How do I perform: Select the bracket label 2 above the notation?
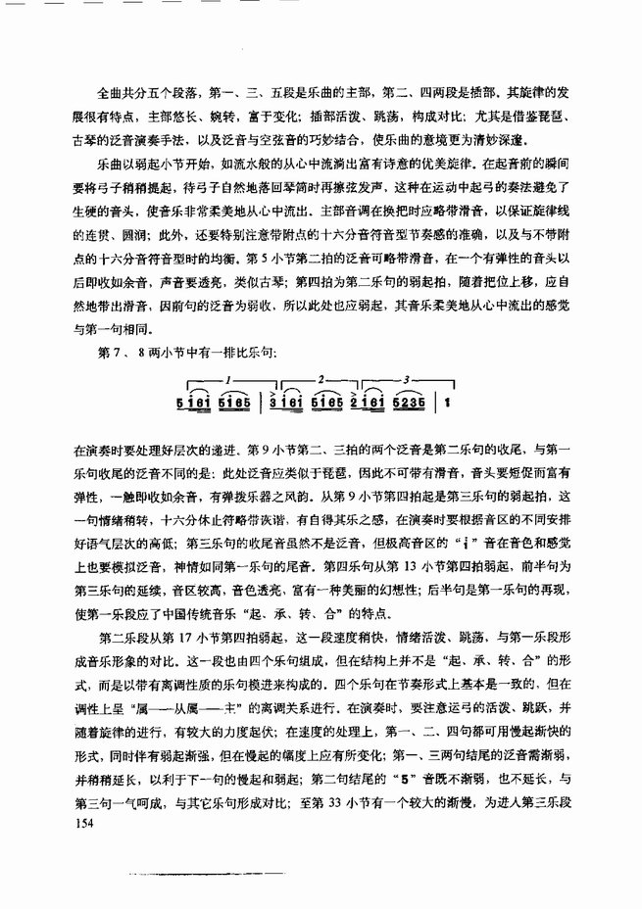point(321,377)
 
